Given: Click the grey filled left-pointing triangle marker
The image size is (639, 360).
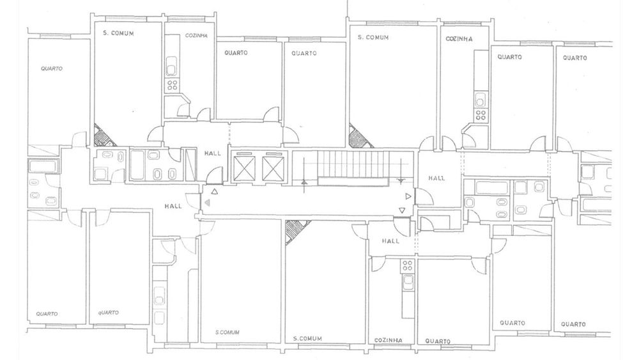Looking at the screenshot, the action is [x=208, y=203].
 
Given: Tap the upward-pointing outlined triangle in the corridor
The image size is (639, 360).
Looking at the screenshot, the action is [x=215, y=191].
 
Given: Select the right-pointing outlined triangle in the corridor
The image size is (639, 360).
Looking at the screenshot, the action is [x=408, y=196].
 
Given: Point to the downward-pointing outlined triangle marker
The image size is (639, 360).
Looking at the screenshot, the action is [x=402, y=210].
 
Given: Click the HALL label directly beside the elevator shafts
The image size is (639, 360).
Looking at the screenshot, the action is [x=213, y=153].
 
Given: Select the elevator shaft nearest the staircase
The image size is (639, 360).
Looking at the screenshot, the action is [x=272, y=168].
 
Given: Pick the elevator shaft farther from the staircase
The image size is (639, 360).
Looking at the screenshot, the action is [x=243, y=168].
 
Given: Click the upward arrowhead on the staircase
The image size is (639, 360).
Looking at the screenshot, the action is [x=304, y=182].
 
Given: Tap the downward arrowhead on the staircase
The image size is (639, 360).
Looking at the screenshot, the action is [x=401, y=180].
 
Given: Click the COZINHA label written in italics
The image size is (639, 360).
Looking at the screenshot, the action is [x=196, y=35].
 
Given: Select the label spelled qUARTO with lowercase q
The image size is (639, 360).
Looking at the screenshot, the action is [x=108, y=313].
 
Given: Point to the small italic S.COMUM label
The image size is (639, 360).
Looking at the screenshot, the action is [x=227, y=333].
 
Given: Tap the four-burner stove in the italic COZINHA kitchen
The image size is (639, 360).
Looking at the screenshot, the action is [x=173, y=85].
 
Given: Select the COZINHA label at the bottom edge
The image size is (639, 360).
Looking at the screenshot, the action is [x=388, y=340].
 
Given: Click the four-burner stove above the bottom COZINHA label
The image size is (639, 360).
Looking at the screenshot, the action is [x=408, y=266].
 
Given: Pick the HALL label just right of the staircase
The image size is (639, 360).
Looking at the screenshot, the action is [x=436, y=178].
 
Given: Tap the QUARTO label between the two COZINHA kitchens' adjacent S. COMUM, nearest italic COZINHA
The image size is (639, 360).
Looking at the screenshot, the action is [x=236, y=52].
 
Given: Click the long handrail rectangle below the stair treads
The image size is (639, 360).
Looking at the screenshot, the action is [x=352, y=182].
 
